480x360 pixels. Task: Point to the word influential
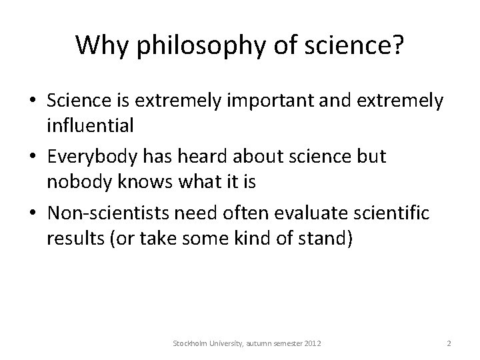[91, 125]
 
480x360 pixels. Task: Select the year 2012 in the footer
[311, 343]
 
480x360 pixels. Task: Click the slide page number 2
[449, 343]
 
